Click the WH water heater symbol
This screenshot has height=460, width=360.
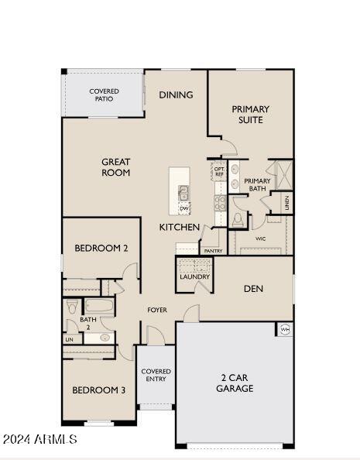coord(285,329)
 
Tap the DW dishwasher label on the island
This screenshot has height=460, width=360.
coord(184,208)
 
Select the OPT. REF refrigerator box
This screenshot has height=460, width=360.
coord(219,171)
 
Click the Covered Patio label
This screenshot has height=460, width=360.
coord(105,95)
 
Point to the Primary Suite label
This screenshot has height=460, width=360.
coord(251,115)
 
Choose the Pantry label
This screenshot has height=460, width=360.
coord(214,251)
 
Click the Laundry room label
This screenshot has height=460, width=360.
coord(194,276)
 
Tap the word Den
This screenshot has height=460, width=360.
coord(253,289)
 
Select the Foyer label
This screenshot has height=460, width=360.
coord(157,310)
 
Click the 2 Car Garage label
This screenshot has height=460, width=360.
coord(235,383)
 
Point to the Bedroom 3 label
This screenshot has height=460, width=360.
coord(99,390)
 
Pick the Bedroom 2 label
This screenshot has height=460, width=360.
coord(101,248)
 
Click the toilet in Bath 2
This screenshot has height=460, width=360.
coord(71,306)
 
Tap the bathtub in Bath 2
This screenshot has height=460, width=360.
coord(99,306)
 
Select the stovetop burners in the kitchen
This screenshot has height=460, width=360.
coord(220,203)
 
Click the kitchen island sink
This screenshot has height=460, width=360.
coord(184,194)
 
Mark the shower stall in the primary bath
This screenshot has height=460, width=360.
coord(284,175)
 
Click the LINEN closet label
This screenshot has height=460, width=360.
coord(287,203)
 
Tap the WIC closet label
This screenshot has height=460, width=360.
coord(261,239)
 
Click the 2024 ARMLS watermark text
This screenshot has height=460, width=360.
coord(40,439)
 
